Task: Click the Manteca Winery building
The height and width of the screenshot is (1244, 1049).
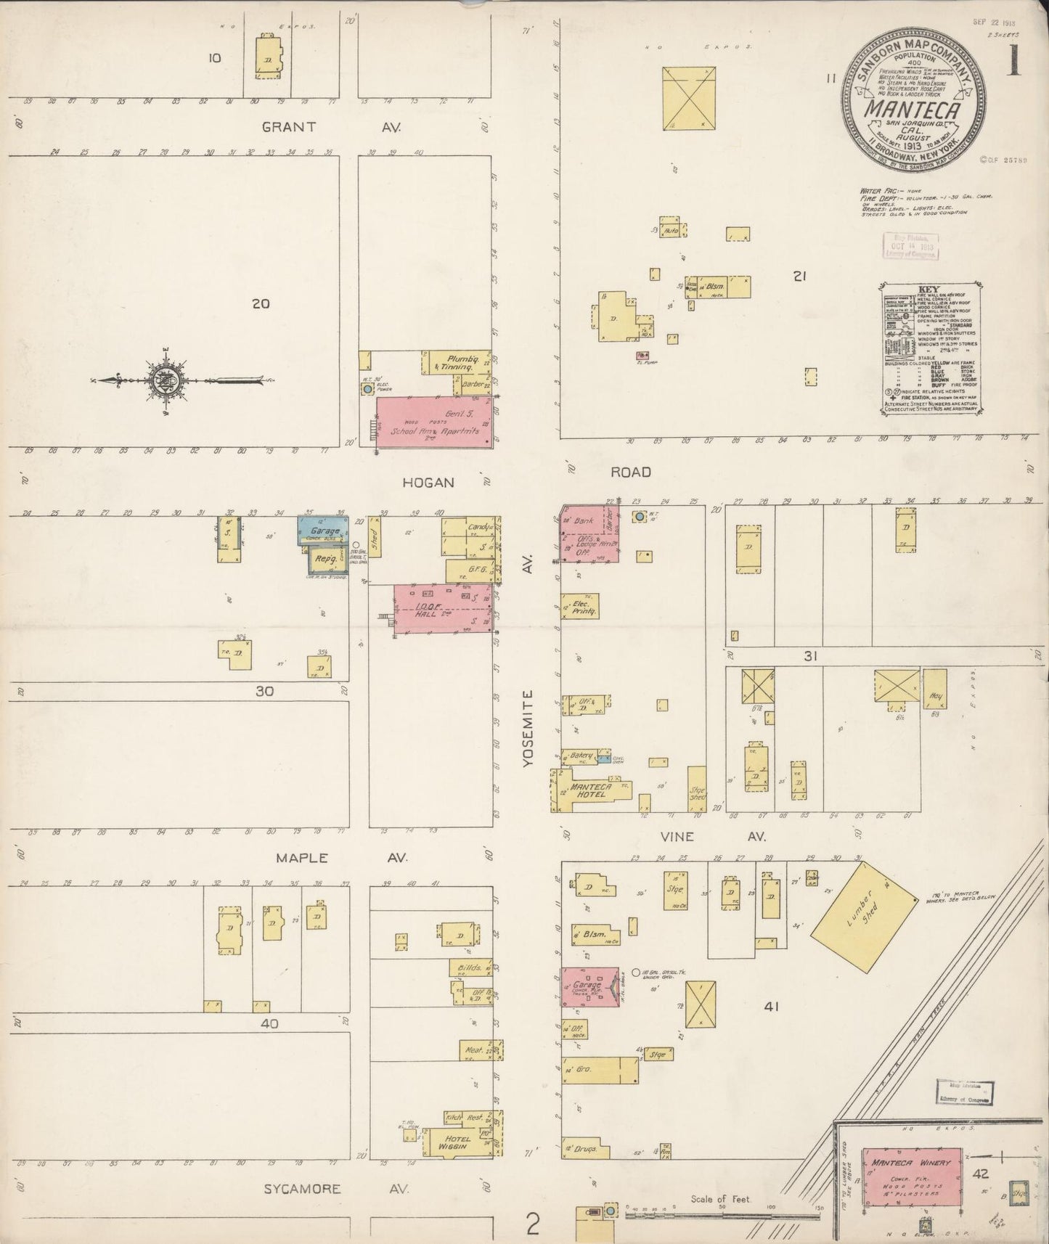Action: (912, 1174)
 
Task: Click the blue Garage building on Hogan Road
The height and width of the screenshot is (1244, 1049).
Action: (323, 531)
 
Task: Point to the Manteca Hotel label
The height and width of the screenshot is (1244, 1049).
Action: (592, 790)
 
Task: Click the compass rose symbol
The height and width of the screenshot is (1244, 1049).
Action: (166, 380)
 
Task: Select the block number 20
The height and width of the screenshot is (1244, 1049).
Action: (261, 303)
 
